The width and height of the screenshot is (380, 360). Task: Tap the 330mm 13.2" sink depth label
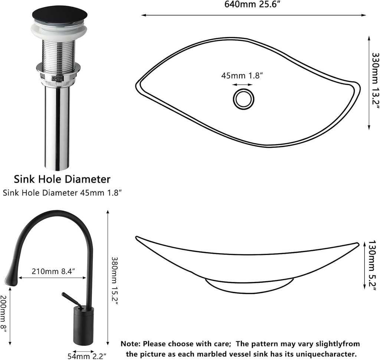pos(375,81)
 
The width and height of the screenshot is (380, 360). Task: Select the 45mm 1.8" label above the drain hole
pos(242,75)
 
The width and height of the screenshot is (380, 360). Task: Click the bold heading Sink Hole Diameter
pos(62,179)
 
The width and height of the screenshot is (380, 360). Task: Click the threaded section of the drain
pos(59,53)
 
